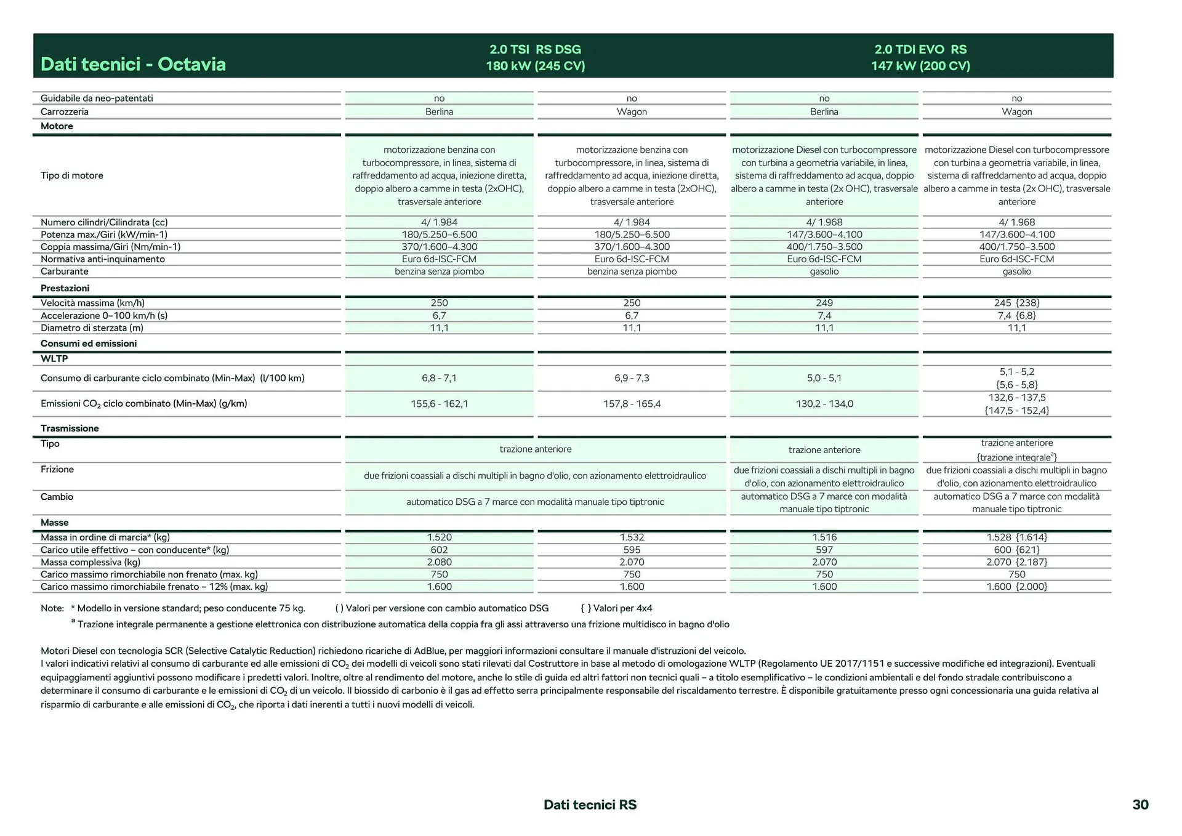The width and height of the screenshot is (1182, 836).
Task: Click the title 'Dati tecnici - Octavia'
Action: click(x=133, y=64)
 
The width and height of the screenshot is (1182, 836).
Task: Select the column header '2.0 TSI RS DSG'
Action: click(x=535, y=49)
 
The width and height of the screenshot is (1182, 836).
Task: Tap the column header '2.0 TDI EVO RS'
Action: click(x=920, y=49)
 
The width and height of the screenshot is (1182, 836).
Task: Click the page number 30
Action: click(x=1140, y=805)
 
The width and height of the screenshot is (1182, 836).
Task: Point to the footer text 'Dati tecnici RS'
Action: click(x=590, y=805)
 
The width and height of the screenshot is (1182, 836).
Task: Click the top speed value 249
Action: click(x=824, y=303)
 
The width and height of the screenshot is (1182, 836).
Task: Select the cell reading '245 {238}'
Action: click(x=1016, y=303)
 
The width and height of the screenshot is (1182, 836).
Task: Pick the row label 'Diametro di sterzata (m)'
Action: click(x=92, y=328)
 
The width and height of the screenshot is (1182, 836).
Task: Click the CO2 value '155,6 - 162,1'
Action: click(x=439, y=404)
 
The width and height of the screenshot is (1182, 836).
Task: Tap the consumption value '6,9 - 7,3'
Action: click(x=632, y=378)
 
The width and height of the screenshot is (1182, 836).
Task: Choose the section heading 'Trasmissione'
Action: click(x=70, y=428)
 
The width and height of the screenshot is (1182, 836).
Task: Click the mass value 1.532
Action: click(x=632, y=537)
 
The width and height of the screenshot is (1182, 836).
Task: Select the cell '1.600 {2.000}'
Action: click(x=1016, y=587)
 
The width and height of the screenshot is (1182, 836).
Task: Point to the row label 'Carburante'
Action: click(x=65, y=271)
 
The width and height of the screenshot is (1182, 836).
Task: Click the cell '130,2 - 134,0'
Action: click(x=824, y=404)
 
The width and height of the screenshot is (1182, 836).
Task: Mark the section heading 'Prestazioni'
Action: click(x=65, y=288)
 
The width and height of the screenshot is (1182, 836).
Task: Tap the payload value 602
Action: click(x=439, y=550)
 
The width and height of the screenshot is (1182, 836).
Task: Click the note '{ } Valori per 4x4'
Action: click(x=616, y=608)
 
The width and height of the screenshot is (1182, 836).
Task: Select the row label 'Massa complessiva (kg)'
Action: click(x=90, y=562)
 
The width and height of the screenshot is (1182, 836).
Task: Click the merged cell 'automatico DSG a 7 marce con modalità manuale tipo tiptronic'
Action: click(x=535, y=502)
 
